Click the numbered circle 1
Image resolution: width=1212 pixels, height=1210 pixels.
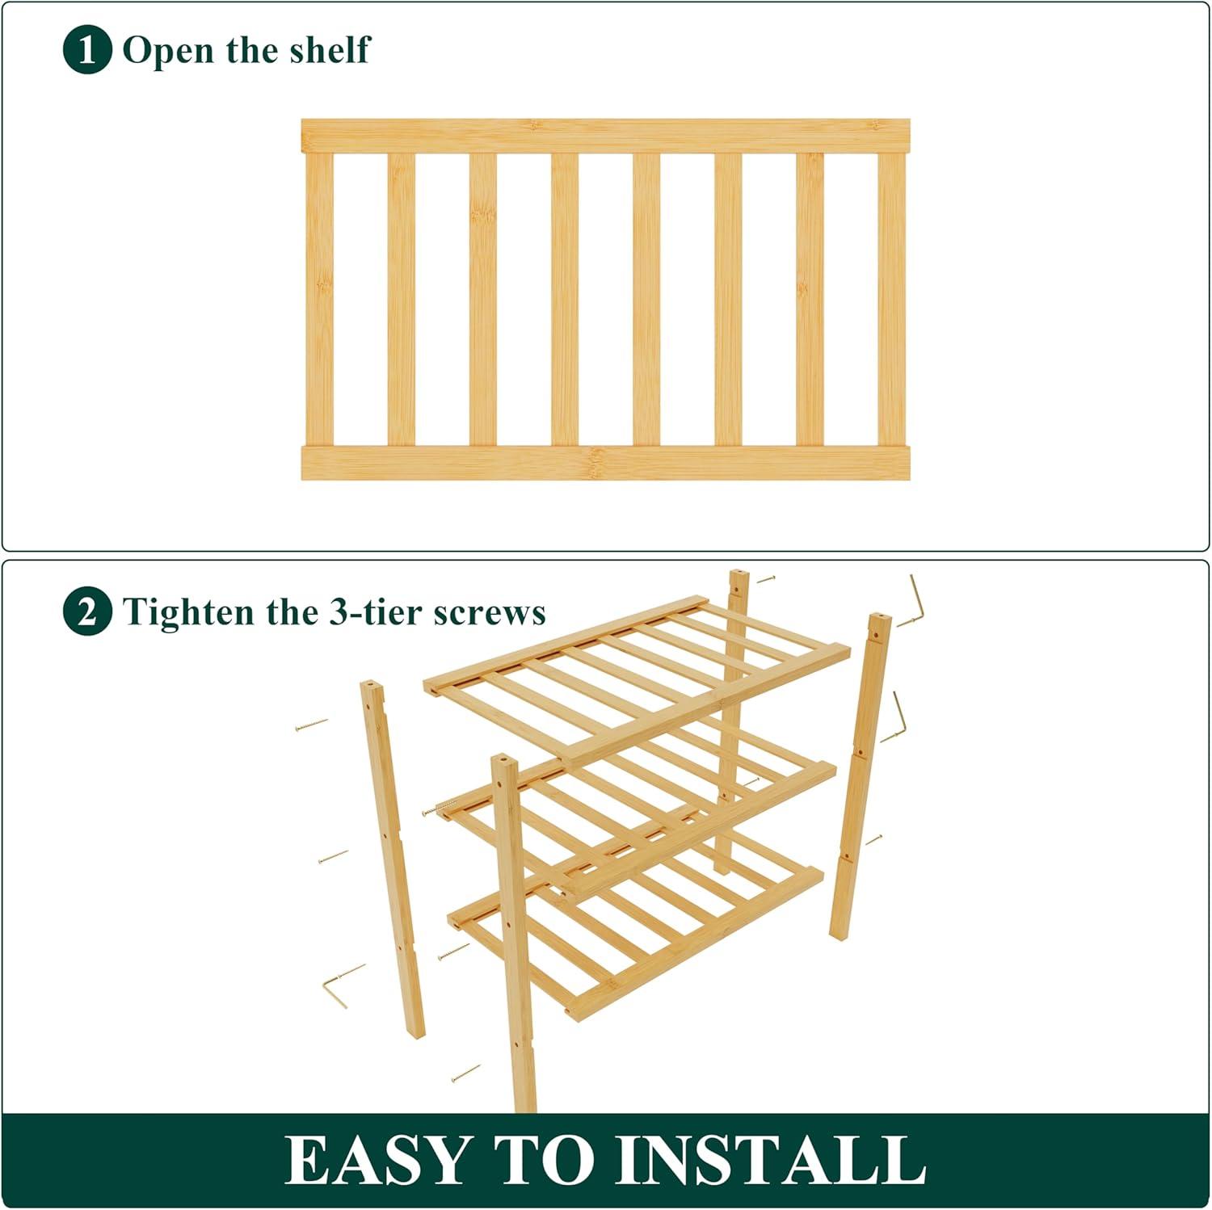coord(86,50)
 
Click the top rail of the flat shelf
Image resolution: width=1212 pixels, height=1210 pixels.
coord(605,136)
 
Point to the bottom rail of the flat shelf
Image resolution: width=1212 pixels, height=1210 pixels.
coord(605,463)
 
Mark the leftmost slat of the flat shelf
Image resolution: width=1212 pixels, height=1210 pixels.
coord(319,299)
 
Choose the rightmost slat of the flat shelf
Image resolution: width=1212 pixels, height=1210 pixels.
coord(891,299)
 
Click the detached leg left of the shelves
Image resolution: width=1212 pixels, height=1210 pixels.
coord(392,859)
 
